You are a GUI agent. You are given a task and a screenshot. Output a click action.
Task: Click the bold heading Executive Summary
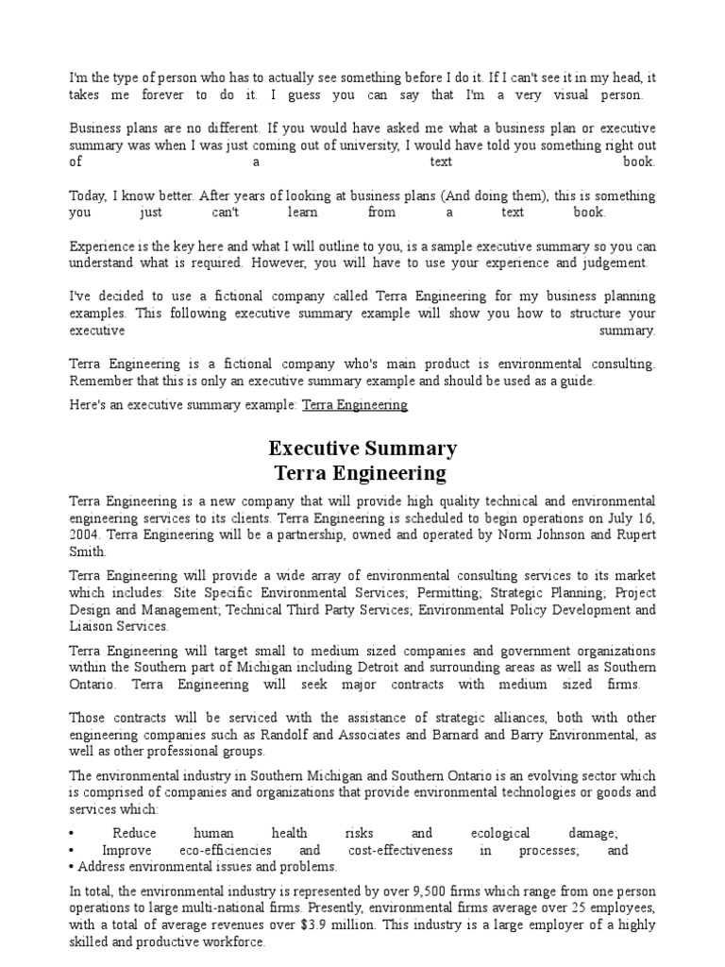(362, 448)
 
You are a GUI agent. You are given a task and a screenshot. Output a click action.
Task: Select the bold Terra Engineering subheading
(362, 473)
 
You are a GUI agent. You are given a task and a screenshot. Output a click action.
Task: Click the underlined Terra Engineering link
(354, 404)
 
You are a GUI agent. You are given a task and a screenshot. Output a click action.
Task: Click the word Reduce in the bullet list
(134, 833)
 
